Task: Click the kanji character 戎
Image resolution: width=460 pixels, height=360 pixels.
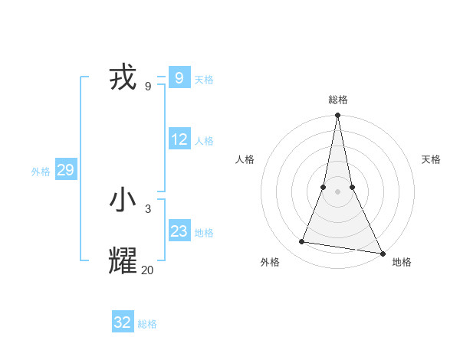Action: (x=123, y=78)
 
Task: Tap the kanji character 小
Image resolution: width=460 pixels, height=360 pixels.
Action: (x=123, y=201)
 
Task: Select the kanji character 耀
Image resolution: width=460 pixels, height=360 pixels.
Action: (x=123, y=261)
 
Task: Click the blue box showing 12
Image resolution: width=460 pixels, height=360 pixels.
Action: (x=179, y=139)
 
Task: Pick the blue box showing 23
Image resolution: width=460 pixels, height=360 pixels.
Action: (x=179, y=231)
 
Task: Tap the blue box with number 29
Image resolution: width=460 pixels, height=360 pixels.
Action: (x=65, y=170)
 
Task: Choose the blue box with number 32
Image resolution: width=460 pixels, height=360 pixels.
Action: (x=123, y=322)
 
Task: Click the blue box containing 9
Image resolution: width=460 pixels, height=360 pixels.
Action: (x=179, y=77)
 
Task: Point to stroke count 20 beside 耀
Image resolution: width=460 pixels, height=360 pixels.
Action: (x=147, y=270)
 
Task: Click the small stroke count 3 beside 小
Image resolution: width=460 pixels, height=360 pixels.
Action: (x=148, y=208)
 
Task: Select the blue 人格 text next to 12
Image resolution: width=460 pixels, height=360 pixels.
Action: (x=204, y=141)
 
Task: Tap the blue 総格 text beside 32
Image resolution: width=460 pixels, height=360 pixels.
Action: (x=147, y=324)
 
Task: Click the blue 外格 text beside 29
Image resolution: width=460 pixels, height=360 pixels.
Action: (x=41, y=172)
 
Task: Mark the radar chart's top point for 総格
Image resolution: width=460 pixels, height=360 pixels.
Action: (x=337, y=116)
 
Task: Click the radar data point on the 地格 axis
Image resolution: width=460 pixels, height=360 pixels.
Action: (x=381, y=254)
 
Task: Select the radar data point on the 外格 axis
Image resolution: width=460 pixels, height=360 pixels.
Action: (x=302, y=242)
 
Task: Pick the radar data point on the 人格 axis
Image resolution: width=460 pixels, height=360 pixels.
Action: (x=324, y=187)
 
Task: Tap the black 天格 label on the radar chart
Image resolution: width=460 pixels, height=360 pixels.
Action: (x=431, y=159)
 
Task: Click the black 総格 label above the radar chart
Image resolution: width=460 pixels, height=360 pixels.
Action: (x=337, y=100)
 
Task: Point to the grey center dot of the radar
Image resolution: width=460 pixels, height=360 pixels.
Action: (x=337, y=191)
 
